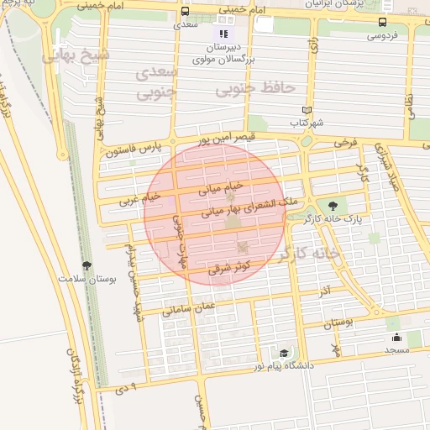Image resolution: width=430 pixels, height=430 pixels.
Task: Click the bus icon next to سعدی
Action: pyautogui.click(x=185, y=13)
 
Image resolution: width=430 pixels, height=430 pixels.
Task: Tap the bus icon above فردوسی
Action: pyautogui.click(x=383, y=23)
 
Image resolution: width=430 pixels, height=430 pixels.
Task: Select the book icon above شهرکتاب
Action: pyautogui.click(x=307, y=110)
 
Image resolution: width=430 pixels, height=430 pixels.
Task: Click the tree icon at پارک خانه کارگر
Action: pyautogui.click(x=333, y=205)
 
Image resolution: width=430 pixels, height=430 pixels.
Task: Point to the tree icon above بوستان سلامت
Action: pyautogui.click(x=86, y=266)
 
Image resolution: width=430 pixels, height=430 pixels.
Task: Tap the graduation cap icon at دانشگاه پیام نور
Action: pyautogui.click(x=285, y=354)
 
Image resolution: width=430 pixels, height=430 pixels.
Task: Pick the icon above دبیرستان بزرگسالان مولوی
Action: pyautogui.click(x=223, y=34)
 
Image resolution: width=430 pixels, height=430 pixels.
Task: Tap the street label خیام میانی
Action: pyautogui.click(x=220, y=186)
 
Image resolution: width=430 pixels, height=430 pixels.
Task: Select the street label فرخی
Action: pyautogui.click(x=346, y=143)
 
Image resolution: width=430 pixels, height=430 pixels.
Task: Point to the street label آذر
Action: pyautogui.click(x=323, y=290)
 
